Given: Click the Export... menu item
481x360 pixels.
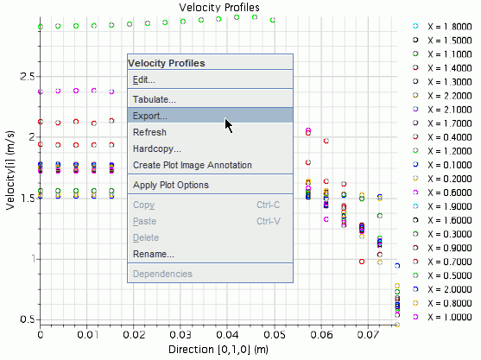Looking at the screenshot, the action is click(149, 116).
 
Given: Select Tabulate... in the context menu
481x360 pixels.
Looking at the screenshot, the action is click(154, 99).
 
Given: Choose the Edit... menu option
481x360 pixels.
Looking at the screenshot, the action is click(143, 79).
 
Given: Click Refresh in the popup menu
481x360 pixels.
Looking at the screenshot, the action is click(149, 132).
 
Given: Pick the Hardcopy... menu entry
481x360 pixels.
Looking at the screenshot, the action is click(157, 148).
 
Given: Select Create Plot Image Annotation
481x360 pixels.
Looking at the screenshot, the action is click(193, 165).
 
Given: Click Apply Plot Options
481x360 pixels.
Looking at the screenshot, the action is click(171, 185).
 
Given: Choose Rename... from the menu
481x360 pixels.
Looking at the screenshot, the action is click(154, 254).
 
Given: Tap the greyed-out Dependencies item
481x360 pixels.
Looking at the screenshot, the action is click(162, 274).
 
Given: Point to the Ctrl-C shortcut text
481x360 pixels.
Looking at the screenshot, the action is click(268, 205).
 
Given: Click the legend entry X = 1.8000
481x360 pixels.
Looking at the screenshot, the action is click(450, 27).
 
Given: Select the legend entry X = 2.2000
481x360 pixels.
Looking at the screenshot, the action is click(450, 96).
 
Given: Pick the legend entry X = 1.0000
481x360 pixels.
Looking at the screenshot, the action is click(450, 317).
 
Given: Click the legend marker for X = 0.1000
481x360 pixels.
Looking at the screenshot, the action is click(415, 164).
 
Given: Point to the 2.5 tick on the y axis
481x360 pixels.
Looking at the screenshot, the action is click(28, 77).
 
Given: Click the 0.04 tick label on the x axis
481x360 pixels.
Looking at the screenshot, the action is click(227, 334).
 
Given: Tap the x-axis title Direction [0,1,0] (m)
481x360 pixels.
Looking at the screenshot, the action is click(218, 350).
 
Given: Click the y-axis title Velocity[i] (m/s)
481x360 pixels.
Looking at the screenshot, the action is click(9, 170).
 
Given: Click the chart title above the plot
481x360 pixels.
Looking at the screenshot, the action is click(219, 8).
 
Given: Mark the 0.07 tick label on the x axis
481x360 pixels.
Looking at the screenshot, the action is click(368, 334).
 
